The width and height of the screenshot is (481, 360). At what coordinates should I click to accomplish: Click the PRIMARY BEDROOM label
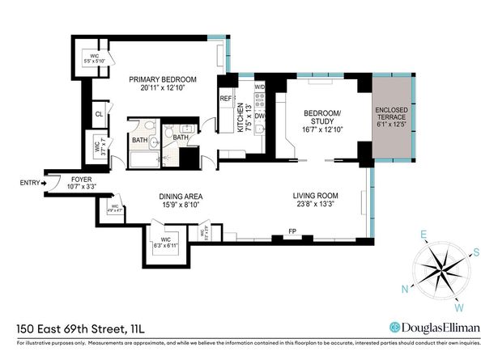[164, 79]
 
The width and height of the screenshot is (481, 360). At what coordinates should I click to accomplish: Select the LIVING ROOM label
[315, 195]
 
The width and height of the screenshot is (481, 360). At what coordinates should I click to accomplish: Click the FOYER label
[82, 179]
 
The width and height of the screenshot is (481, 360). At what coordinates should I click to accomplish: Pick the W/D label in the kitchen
[260, 86]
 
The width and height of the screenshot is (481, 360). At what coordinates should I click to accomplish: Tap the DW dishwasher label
[260, 116]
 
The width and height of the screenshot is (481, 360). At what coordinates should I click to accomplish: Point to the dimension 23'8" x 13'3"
[315, 205]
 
